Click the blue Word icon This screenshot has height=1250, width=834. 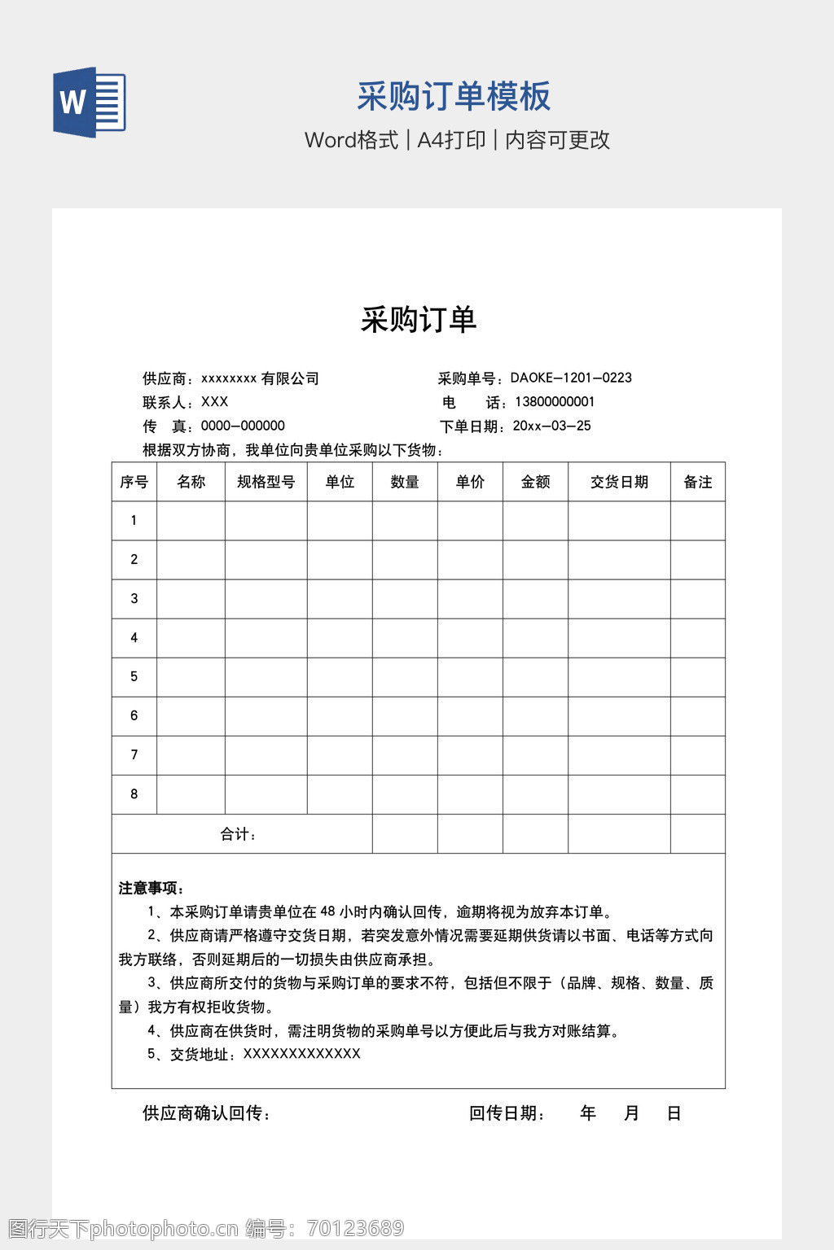90,103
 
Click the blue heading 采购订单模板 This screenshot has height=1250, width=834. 454,96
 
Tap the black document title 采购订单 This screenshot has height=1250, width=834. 418,320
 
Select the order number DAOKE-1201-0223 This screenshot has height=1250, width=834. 571,378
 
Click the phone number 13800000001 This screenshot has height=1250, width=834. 555,402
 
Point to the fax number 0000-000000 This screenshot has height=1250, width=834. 243,426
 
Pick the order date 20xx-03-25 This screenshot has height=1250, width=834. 551,426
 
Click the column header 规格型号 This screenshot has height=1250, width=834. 266,482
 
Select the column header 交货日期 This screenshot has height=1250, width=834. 619,482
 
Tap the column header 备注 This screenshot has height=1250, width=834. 697,482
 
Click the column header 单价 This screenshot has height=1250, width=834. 470,482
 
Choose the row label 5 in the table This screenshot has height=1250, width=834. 134,677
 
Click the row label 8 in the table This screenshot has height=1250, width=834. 134,794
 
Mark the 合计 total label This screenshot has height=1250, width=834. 239,834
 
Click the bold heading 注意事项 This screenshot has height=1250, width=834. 151,888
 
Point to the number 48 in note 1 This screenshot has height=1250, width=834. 327,911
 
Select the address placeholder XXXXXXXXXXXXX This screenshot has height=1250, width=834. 301,1054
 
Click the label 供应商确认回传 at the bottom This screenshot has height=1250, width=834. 206,1113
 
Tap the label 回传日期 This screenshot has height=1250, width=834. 507,1113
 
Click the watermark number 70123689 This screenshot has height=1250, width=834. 356,1228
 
